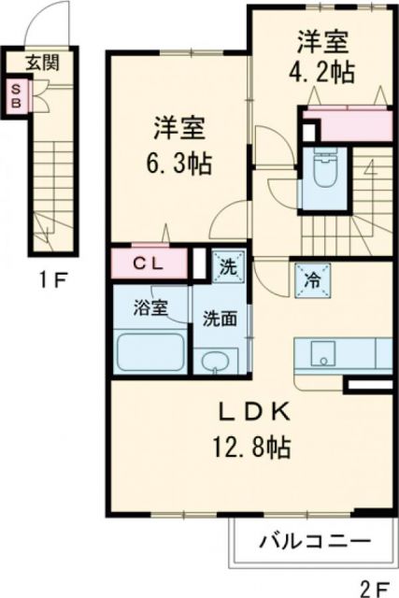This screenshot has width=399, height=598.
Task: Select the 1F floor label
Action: tap(44, 278)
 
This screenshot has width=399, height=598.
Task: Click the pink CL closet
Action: tap(150, 263)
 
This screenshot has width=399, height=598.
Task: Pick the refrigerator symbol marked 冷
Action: tap(310, 277)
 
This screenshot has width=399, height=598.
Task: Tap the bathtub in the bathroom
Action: tap(150, 353)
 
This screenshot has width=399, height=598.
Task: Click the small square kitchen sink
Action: tap(321, 353)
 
